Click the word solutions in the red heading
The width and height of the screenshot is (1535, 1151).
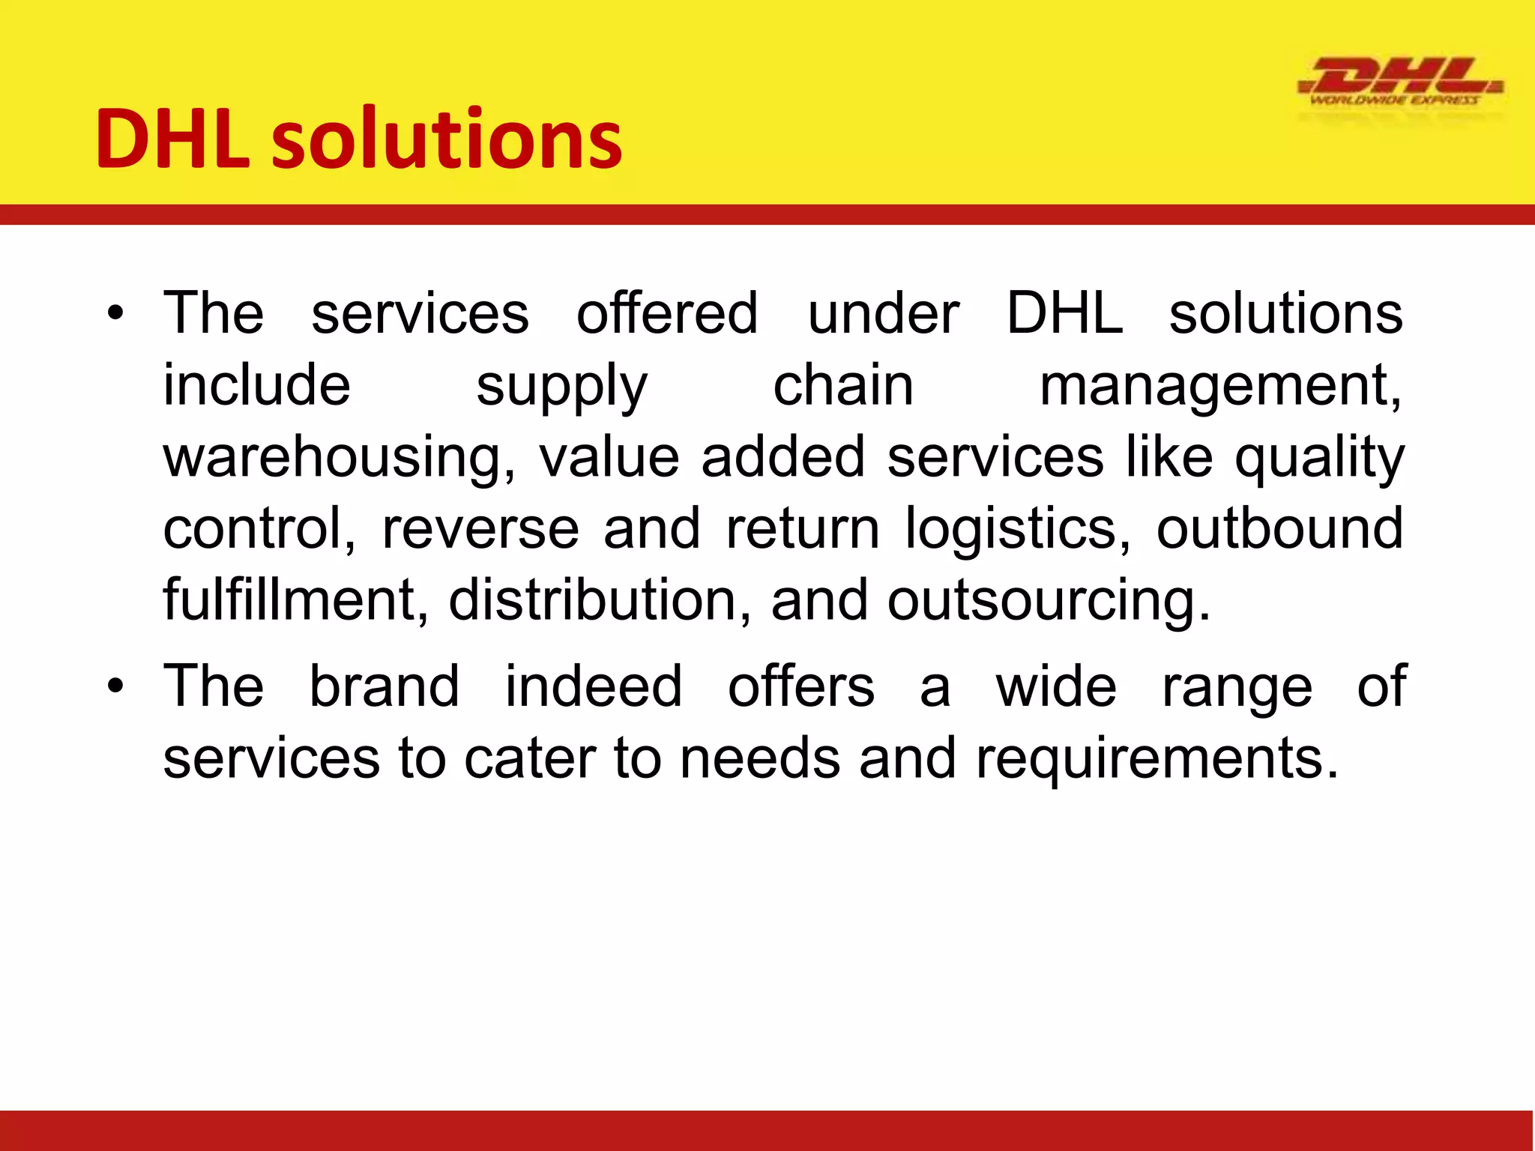[x=447, y=139]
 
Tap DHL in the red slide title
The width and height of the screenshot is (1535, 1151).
[x=172, y=139]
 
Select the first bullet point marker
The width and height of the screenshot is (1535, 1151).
[x=114, y=313]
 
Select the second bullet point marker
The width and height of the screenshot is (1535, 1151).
[x=114, y=686]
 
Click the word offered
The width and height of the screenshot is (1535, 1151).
[x=667, y=313]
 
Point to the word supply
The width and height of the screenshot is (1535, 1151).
[x=561, y=387]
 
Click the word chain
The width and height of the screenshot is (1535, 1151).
[x=842, y=385]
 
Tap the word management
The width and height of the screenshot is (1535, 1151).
[x=1219, y=387]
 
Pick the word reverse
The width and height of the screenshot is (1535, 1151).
[x=480, y=529]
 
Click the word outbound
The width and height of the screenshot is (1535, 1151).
[x=1279, y=528]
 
